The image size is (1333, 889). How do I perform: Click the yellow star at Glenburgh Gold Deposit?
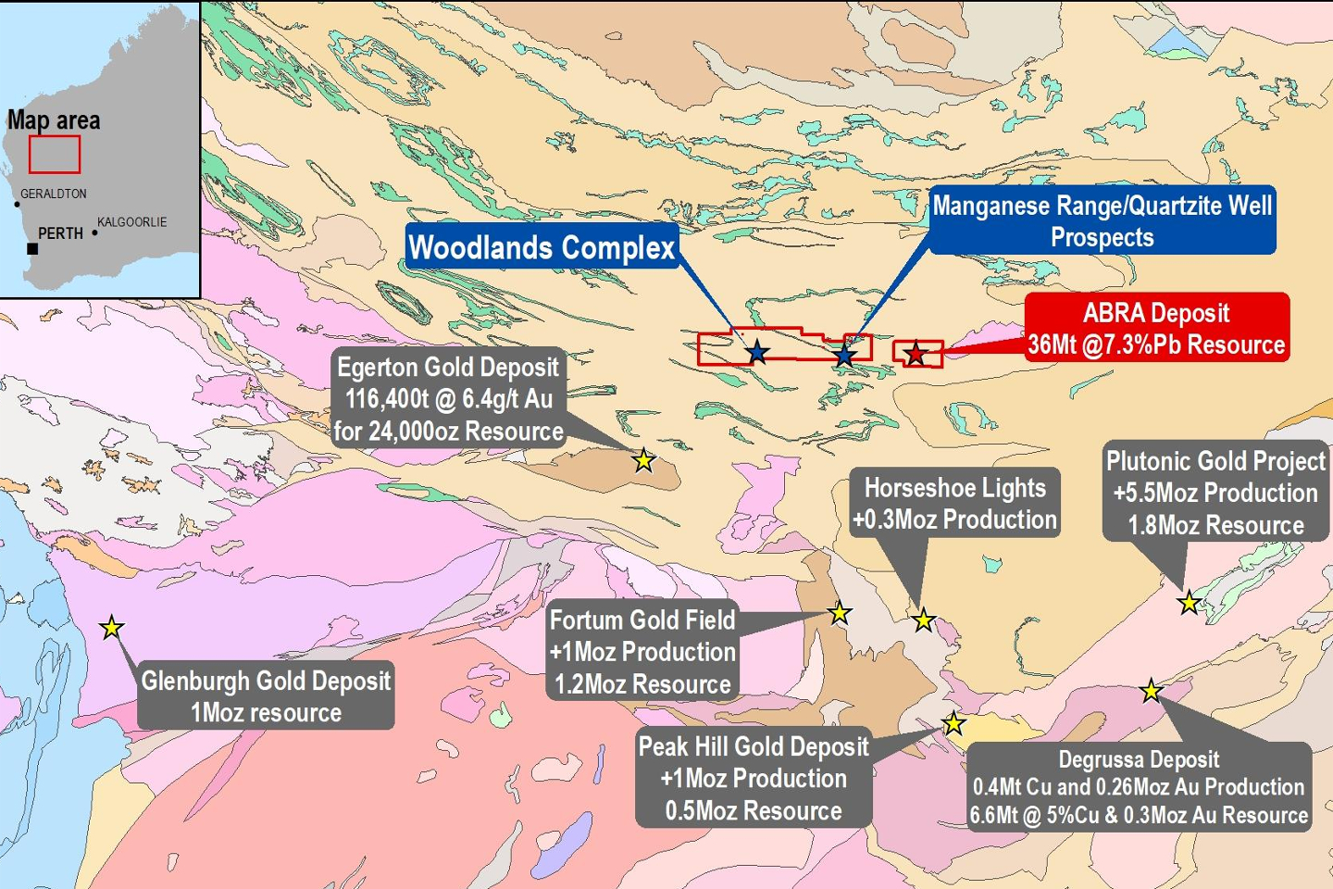[111, 628]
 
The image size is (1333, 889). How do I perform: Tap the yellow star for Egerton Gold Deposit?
[643, 459]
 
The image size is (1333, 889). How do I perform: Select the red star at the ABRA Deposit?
[916, 354]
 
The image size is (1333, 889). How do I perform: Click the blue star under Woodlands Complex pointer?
[758, 352]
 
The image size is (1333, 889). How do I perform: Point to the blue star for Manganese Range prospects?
[844, 356]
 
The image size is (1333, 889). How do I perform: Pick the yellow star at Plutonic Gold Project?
[1189, 603]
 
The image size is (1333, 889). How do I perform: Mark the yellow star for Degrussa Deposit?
[1151, 690]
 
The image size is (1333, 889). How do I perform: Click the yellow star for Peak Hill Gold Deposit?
[953, 723]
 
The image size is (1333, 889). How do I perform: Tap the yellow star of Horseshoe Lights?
[923, 620]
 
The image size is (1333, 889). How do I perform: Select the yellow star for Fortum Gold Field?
[840, 612]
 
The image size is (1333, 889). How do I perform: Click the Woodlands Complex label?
[542, 247]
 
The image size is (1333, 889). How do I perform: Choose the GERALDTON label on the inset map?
[54, 194]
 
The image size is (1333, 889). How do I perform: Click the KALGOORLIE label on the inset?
[132, 222]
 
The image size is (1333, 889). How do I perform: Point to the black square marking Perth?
[32, 248]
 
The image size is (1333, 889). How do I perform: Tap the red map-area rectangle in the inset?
[55, 155]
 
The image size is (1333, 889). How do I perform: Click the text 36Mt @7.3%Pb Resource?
[1156, 345]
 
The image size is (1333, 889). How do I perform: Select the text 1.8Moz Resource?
[1215, 525]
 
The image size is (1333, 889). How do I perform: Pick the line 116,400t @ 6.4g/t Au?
[449, 399]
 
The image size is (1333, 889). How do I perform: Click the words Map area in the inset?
[54, 120]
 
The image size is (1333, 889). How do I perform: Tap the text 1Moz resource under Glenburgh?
[266, 712]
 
